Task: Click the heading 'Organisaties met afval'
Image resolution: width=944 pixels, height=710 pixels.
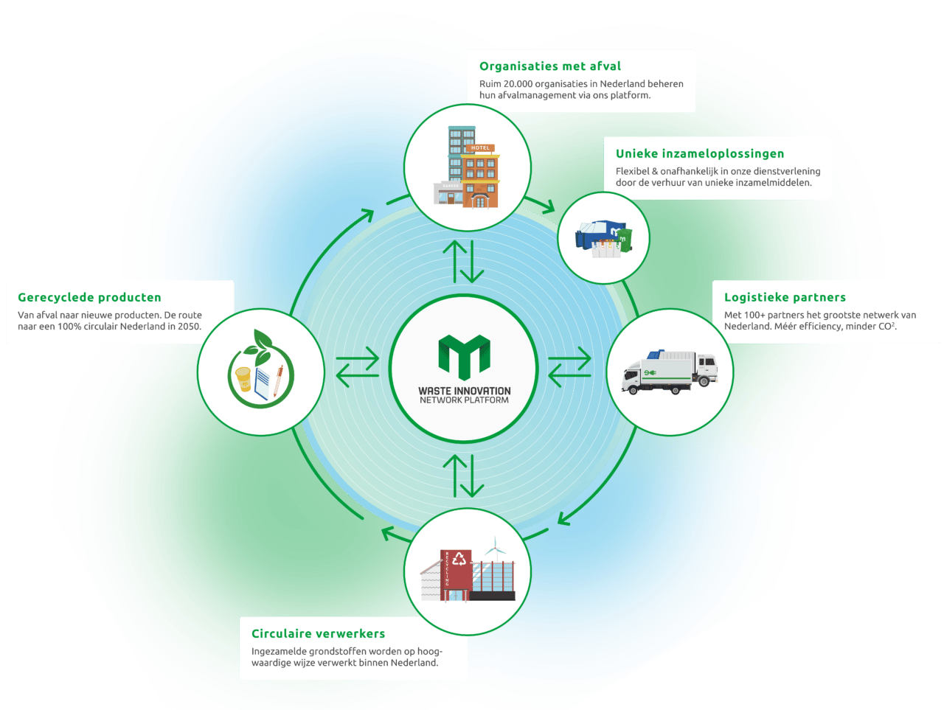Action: pyautogui.click(x=550, y=66)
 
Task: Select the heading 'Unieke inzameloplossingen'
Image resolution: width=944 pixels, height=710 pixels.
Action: pyautogui.click(x=700, y=153)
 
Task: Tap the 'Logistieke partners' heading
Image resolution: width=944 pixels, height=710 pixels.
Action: pyautogui.click(x=785, y=297)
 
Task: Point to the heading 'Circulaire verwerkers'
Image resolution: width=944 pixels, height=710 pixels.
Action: pyautogui.click(x=319, y=633)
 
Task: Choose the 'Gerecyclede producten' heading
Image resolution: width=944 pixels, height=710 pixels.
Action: pyautogui.click(x=89, y=297)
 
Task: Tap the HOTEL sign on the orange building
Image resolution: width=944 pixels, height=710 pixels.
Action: pyautogui.click(x=480, y=148)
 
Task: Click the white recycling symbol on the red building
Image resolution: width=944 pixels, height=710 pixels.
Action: pyautogui.click(x=459, y=558)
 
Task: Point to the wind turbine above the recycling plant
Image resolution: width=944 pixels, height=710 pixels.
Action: pyautogui.click(x=495, y=549)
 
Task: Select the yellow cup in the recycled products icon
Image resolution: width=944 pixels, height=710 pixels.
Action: pyautogui.click(x=243, y=379)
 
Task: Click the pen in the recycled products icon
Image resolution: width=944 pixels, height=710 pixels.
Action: pyautogui.click(x=278, y=380)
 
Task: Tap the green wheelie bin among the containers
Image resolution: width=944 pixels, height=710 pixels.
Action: pyautogui.click(x=625, y=240)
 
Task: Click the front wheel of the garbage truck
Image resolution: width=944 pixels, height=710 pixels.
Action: pyautogui.click(x=632, y=389)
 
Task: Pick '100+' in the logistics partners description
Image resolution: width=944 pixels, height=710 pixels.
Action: pyautogui.click(x=754, y=315)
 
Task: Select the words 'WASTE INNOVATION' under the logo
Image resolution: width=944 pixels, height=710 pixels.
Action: pyautogui.click(x=465, y=391)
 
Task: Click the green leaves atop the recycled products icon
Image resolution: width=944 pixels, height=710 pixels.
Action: pyautogui.click(x=258, y=347)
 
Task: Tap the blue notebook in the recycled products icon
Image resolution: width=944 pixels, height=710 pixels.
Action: pyautogui.click(x=263, y=383)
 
